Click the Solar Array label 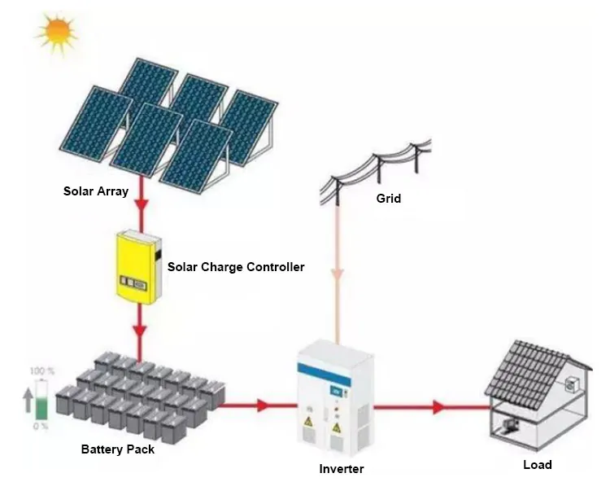(x=96, y=192)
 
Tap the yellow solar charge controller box (x=136, y=267)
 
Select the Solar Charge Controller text (x=236, y=266)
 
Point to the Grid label (x=389, y=199)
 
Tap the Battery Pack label (x=117, y=449)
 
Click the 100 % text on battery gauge (x=42, y=371)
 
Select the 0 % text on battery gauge (x=41, y=426)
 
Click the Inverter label (x=342, y=469)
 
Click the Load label (x=537, y=465)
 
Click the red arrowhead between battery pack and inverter (x=264, y=405)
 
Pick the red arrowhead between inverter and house (x=439, y=405)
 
